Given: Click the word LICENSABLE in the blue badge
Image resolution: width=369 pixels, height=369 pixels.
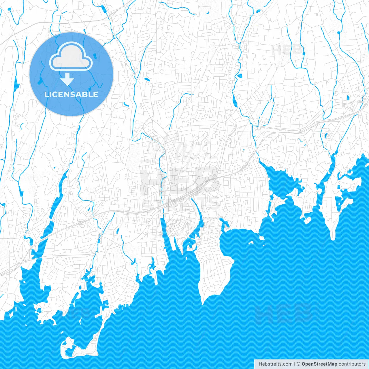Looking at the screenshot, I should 71,94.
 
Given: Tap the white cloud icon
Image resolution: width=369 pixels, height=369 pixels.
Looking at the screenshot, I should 71,57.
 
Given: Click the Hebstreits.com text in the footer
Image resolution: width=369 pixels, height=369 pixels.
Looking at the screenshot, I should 275,364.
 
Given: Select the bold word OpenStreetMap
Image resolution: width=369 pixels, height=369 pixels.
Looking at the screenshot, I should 319,364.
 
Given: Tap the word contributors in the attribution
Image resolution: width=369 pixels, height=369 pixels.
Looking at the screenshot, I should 352,364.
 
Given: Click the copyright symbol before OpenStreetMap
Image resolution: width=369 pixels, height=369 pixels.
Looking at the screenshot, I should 299,364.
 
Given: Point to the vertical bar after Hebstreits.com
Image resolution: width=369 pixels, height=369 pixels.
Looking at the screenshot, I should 295,364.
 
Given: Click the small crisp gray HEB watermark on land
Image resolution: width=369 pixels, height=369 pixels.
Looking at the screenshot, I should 288,50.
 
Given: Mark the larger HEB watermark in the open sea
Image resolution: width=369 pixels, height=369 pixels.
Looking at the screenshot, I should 284,314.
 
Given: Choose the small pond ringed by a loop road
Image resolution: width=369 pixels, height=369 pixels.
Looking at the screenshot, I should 326,134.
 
